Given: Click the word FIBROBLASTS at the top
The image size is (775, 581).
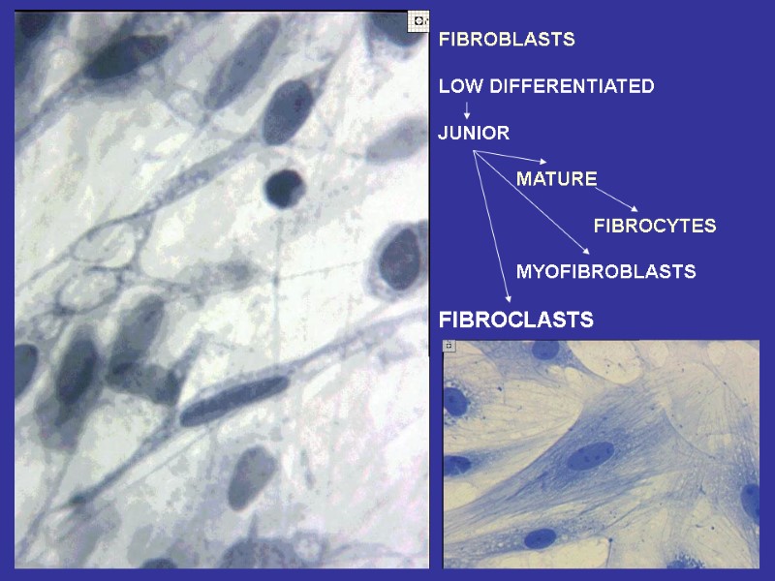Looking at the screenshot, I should (507, 40).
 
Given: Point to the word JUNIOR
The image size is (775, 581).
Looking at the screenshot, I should (474, 133).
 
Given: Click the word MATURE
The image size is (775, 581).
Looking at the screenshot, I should (556, 179).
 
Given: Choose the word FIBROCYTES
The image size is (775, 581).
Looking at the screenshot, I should (654, 226).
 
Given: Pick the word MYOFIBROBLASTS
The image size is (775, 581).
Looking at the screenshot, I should (605, 272).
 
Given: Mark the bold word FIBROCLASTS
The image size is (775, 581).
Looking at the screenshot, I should (515, 320).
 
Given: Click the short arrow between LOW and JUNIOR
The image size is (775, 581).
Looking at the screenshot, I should (467, 109).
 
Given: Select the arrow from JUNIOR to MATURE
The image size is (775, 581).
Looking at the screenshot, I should (511, 157).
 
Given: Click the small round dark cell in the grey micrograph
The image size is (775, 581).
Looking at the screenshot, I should (284, 187).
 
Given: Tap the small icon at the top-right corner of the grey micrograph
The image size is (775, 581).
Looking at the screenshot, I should (418, 19).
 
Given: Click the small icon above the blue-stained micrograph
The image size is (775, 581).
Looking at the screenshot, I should (449, 346).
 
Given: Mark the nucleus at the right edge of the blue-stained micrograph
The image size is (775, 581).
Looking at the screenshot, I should (751, 502).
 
